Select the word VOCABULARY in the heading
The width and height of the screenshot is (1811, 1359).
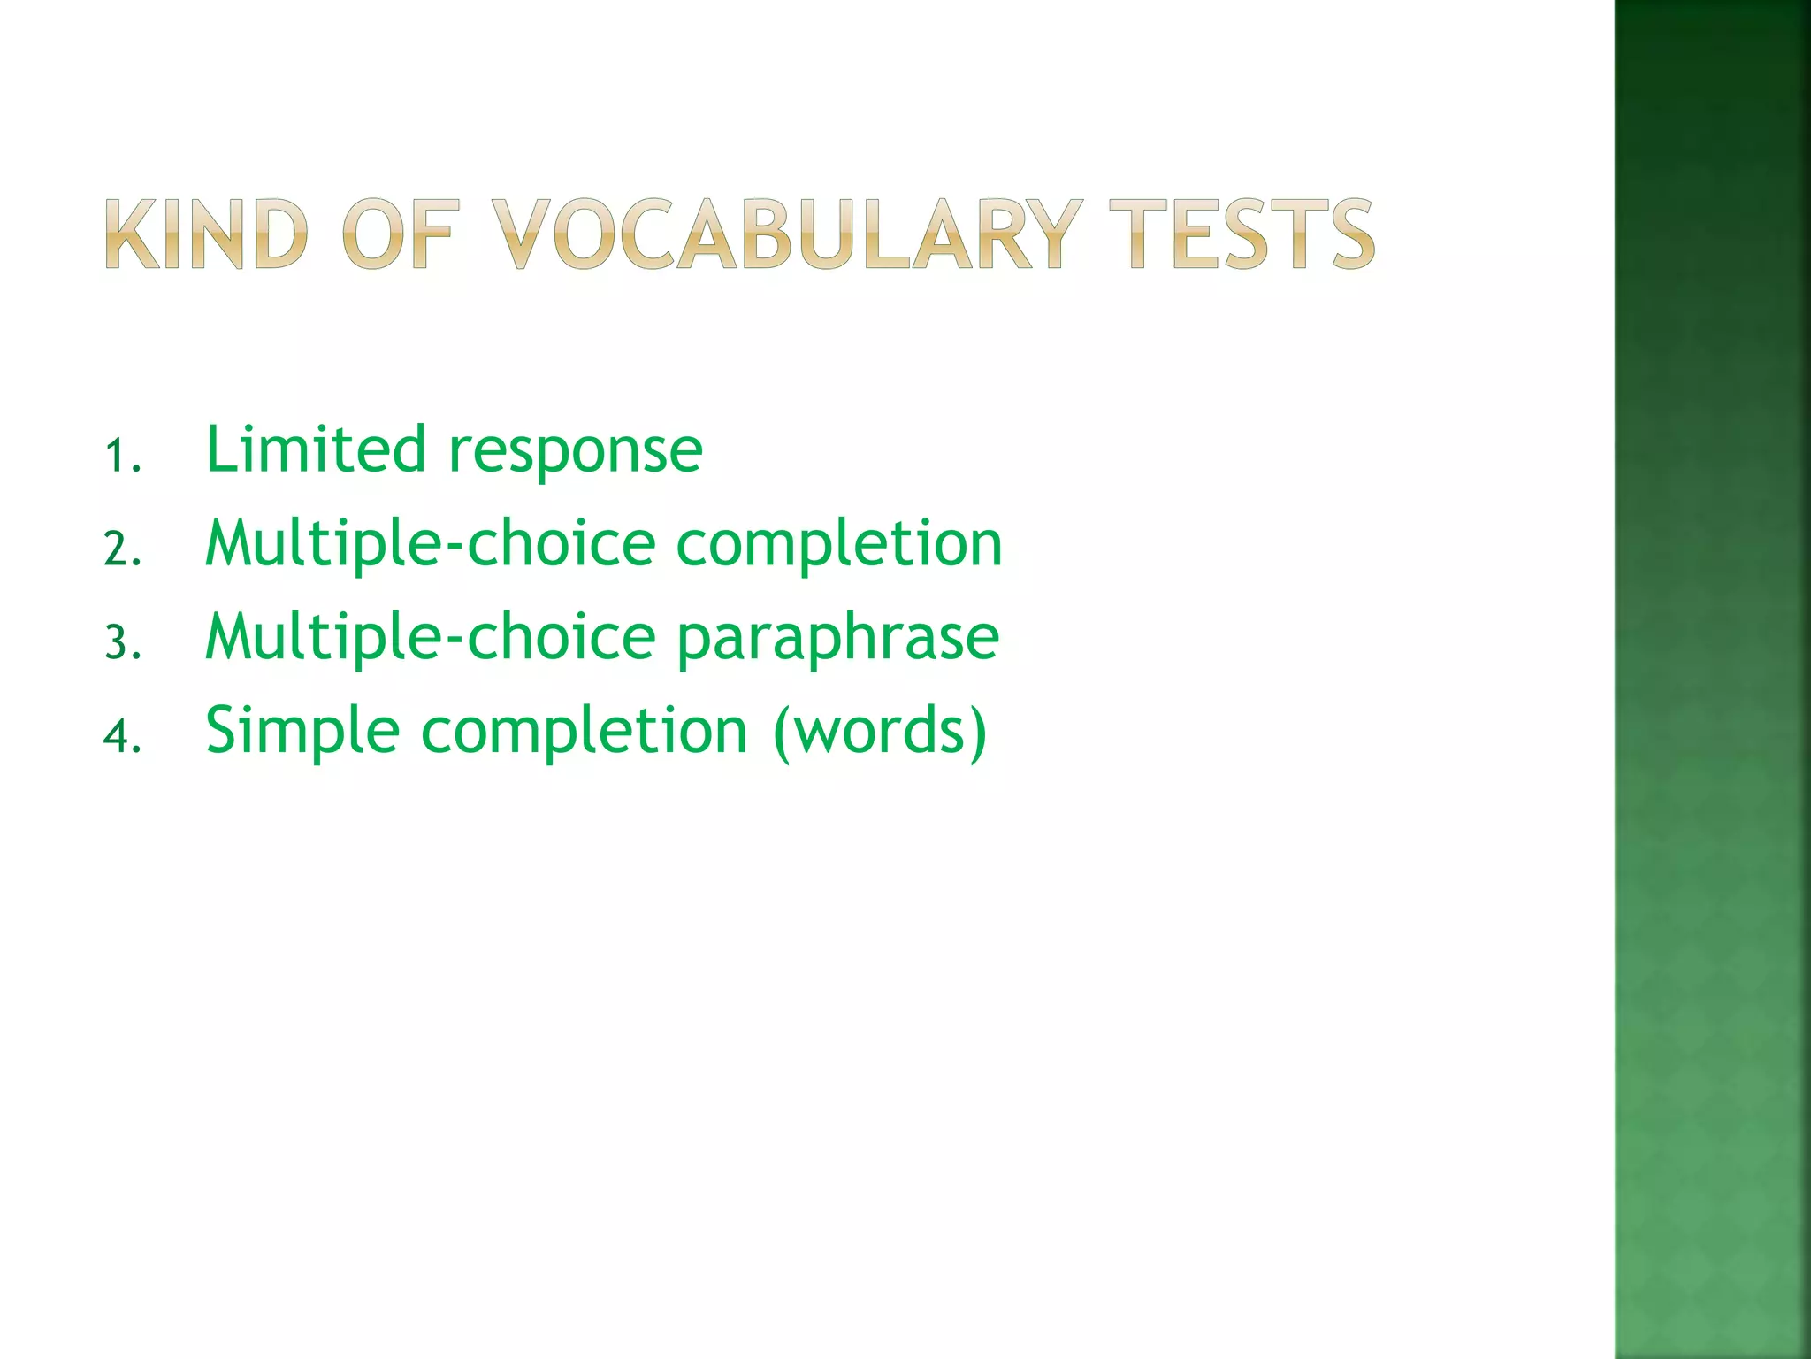786,234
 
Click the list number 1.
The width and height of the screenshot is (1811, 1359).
121,457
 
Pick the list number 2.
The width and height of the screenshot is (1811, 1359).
121,549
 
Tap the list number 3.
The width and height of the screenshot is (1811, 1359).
121,642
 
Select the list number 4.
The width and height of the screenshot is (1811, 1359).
121,736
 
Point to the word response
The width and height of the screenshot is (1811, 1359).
576,453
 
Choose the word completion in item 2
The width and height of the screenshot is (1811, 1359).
839,545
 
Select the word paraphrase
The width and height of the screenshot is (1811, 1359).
837,639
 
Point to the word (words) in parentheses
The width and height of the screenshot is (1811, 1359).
879,733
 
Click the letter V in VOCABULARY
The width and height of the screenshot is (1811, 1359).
522,234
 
